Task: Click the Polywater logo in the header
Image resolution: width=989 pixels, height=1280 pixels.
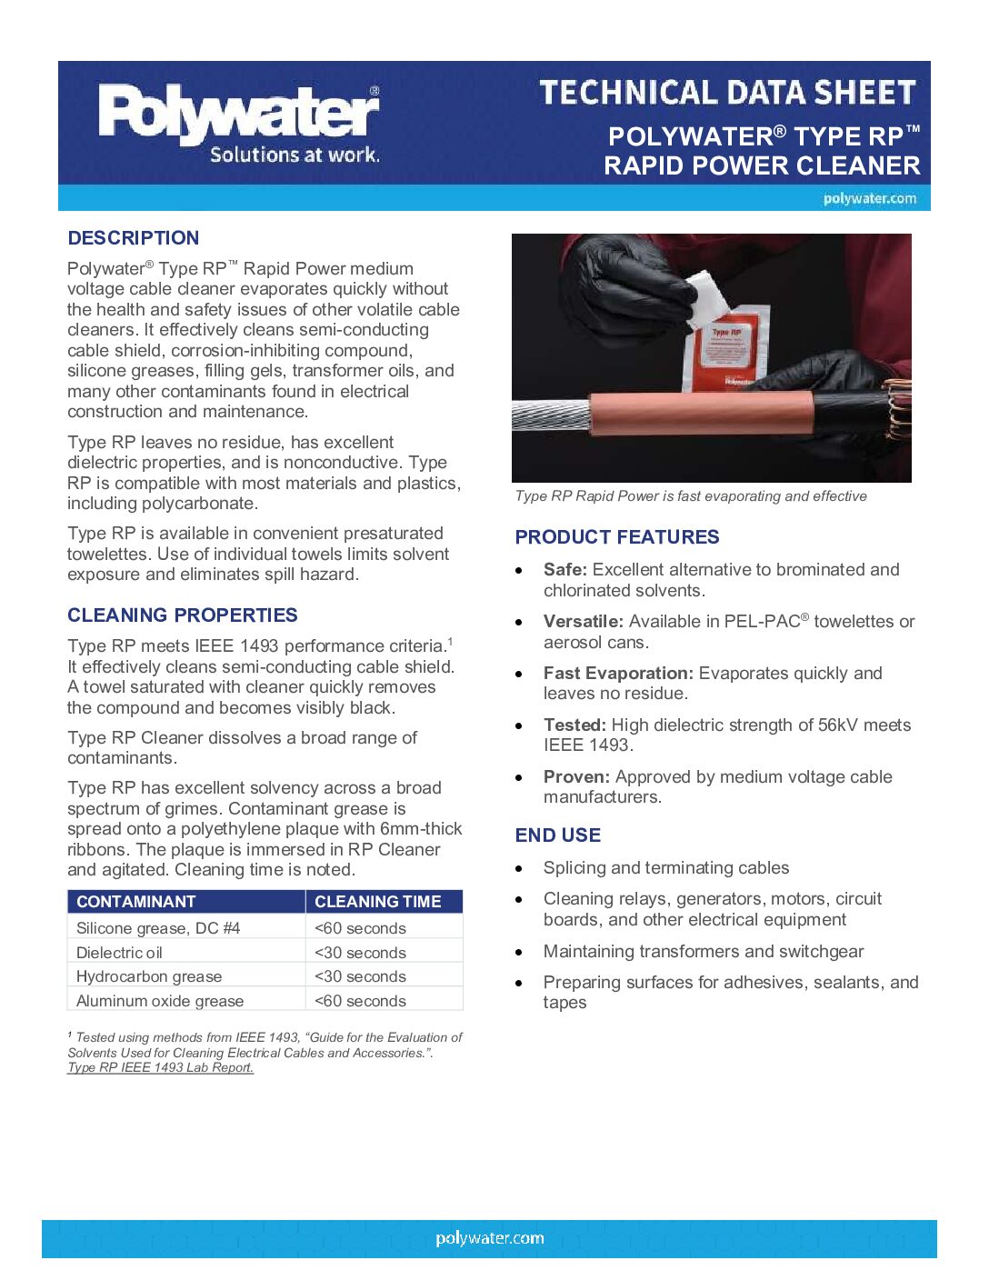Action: [239, 122]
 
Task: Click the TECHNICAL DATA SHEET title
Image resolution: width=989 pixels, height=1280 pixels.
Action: [727, 93]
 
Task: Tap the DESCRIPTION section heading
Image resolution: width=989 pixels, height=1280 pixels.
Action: [134, 238]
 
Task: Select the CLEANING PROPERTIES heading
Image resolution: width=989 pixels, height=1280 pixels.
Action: [183, 615]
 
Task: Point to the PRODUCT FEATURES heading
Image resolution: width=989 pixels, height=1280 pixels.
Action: [617, 537]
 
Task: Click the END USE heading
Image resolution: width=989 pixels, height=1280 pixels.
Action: [558, 835]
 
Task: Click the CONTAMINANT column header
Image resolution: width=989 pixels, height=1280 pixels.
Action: [136, 902]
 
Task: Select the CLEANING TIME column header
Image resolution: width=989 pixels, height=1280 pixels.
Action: [378, 902]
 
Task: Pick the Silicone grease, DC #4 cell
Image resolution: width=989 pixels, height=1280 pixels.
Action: [158, 928]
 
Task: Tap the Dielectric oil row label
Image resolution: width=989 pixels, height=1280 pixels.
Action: [119, 953]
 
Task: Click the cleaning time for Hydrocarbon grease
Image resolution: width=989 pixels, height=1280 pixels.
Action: [360, 976]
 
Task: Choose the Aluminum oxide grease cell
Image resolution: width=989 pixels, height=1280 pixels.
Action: [160, 1001]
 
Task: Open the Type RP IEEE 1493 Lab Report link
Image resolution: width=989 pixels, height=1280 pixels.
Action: [160, 1067]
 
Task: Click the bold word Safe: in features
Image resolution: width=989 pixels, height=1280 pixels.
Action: [565, 570]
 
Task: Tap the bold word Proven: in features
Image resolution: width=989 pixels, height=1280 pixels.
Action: [576, 777]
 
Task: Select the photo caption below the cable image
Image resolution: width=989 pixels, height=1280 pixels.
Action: [691, 496]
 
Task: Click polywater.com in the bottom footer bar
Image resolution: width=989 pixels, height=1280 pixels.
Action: [490, 1238]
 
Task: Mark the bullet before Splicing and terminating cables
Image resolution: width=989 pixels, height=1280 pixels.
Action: [519, 869]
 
